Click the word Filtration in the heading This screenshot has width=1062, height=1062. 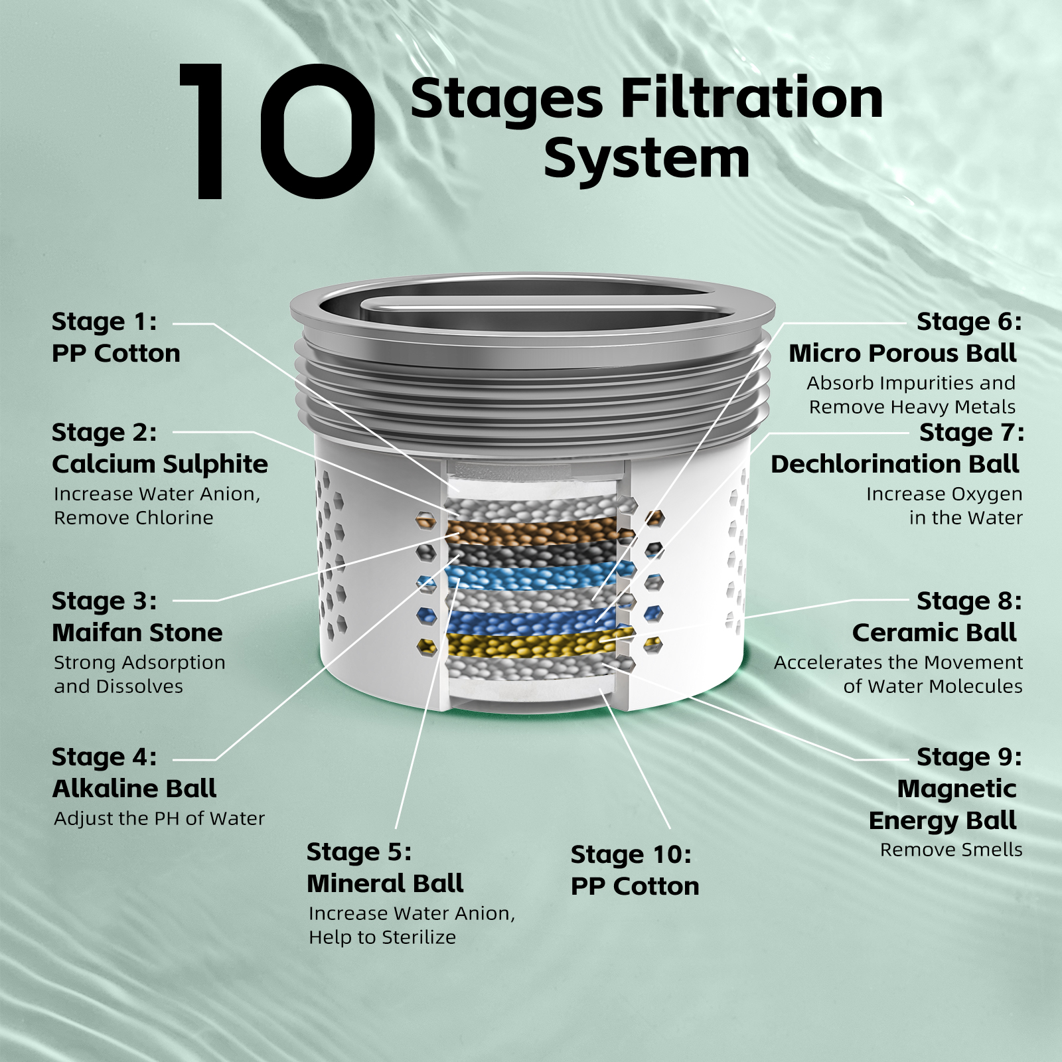click(x=751, y=98)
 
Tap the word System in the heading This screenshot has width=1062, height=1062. click(x=646, y=159)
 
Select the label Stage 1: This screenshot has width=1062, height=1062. click(x=104, y=322)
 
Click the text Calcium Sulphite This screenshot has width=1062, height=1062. click(x=160, y=464)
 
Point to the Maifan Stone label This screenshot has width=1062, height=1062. click(x=137, y=633)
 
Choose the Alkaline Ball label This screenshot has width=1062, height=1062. click(x=134, y=789)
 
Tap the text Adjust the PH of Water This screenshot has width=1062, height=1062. click(x=159, y=818)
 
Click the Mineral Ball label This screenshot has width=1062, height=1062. click(x=385, y=883)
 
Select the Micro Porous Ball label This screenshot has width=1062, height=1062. click(x=902, y=353)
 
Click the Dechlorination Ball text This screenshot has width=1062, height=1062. click(x=894, y=464)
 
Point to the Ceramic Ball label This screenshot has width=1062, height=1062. click(x=934, y=633)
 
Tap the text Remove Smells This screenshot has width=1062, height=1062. click(x=950, y=850)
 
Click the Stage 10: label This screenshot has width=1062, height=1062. click(x=631, y=855)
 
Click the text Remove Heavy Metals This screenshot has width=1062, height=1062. click(x=911, y=407)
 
